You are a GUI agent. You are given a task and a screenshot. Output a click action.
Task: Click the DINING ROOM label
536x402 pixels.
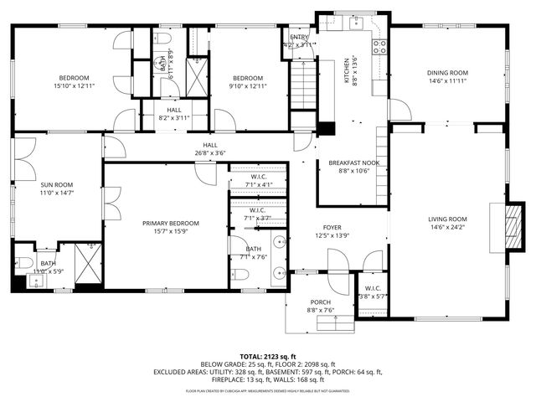(447, 73)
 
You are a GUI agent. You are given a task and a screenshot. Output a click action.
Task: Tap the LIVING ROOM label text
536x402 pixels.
(447, 219)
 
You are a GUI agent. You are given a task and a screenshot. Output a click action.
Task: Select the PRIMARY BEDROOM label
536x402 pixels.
(170, 223)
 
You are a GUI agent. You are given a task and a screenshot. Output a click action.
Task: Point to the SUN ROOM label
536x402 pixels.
(56, 184)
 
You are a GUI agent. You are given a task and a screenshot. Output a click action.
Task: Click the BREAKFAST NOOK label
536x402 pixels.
(353, 162)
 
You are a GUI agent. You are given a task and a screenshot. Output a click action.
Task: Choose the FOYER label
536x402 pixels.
(333, 228)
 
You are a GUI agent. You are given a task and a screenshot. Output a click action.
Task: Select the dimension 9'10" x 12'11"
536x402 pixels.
(249, 85)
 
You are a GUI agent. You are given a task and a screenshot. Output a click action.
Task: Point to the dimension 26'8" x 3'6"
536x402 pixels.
(209, 152)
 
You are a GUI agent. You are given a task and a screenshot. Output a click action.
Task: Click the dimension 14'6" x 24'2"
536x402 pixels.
(447, 226)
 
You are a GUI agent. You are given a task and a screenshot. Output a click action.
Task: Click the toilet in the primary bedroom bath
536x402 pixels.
(240, 275)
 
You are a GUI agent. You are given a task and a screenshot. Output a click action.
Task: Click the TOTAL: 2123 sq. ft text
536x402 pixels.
(268, 356)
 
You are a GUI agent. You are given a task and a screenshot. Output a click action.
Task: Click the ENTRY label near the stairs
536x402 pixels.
(299, 38)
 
